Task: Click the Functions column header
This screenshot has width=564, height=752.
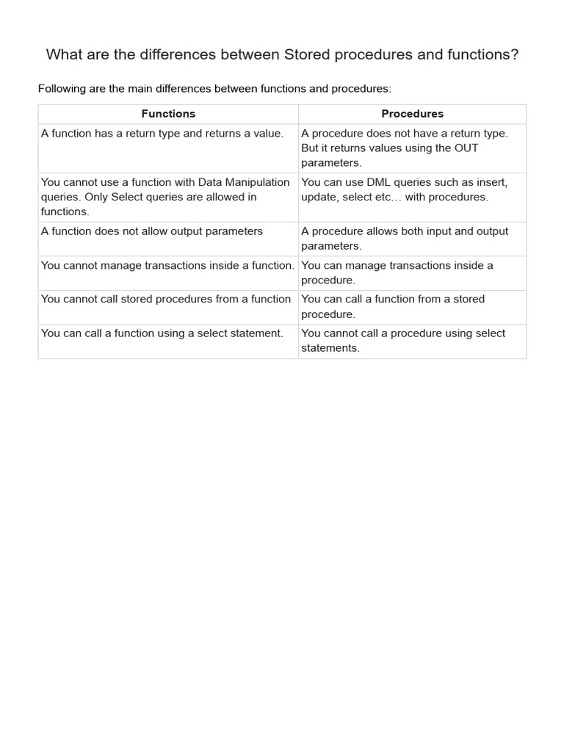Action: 168,114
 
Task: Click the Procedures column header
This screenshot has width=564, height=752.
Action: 412,114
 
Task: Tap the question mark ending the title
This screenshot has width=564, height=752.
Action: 514,55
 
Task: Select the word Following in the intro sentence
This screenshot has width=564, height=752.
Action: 65,89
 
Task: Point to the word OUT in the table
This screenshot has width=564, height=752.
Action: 465,148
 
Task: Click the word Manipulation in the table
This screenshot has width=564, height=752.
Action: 257,182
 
